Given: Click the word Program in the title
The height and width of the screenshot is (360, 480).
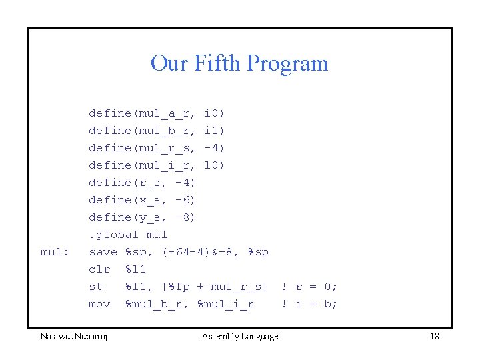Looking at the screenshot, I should click(288, 63).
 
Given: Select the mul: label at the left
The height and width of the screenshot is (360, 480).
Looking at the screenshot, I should click(55, 252).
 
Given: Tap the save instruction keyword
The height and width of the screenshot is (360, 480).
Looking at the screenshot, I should click(103, 252).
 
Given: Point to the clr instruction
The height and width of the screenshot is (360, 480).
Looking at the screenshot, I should click(99, 269).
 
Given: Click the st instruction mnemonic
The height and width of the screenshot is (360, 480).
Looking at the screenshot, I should click(96, 287).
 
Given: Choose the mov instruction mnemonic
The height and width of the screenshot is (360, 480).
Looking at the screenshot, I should click(99, 304).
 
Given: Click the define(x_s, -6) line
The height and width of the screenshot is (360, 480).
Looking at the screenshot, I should click(142, 200).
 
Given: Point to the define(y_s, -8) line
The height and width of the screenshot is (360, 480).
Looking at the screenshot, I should click(142, 217).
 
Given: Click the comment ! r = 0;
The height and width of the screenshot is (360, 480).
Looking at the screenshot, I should click(309, 287).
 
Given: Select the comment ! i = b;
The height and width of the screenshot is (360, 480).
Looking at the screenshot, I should click(309, 304).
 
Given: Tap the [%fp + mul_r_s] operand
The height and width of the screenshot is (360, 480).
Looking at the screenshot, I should click(215, 287).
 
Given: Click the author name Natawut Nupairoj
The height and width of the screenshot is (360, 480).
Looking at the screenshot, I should click(75, 336).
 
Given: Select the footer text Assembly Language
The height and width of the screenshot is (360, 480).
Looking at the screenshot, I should click(240, 336).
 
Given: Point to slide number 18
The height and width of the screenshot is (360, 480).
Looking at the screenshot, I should click(434, 336).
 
